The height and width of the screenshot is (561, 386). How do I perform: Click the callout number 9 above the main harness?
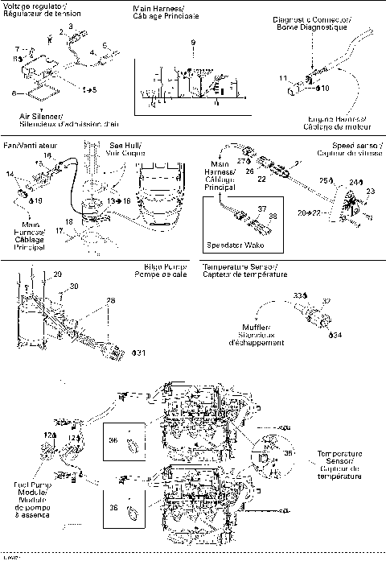click(193, 42)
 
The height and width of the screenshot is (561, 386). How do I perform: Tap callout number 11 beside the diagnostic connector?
click(282, 76)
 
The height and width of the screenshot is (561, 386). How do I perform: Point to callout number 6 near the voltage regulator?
click(13, 93)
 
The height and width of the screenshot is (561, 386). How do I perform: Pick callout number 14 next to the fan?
click(10, 174)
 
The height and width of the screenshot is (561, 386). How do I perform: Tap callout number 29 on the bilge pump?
click(58, 275)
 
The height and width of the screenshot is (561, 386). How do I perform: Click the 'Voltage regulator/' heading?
click(32, 6)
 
